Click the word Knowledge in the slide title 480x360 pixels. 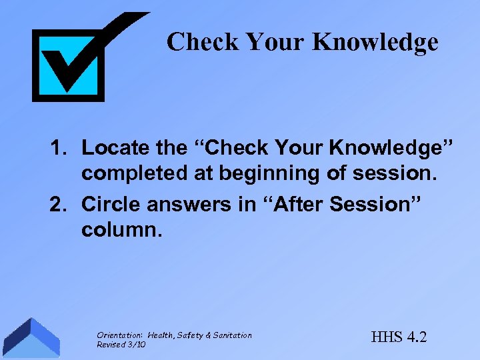pos(375,42)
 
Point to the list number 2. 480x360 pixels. pos(58,204)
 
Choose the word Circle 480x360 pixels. pos(109,204)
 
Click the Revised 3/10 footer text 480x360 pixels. pos(121,344)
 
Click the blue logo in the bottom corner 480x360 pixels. pos(30,339)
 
